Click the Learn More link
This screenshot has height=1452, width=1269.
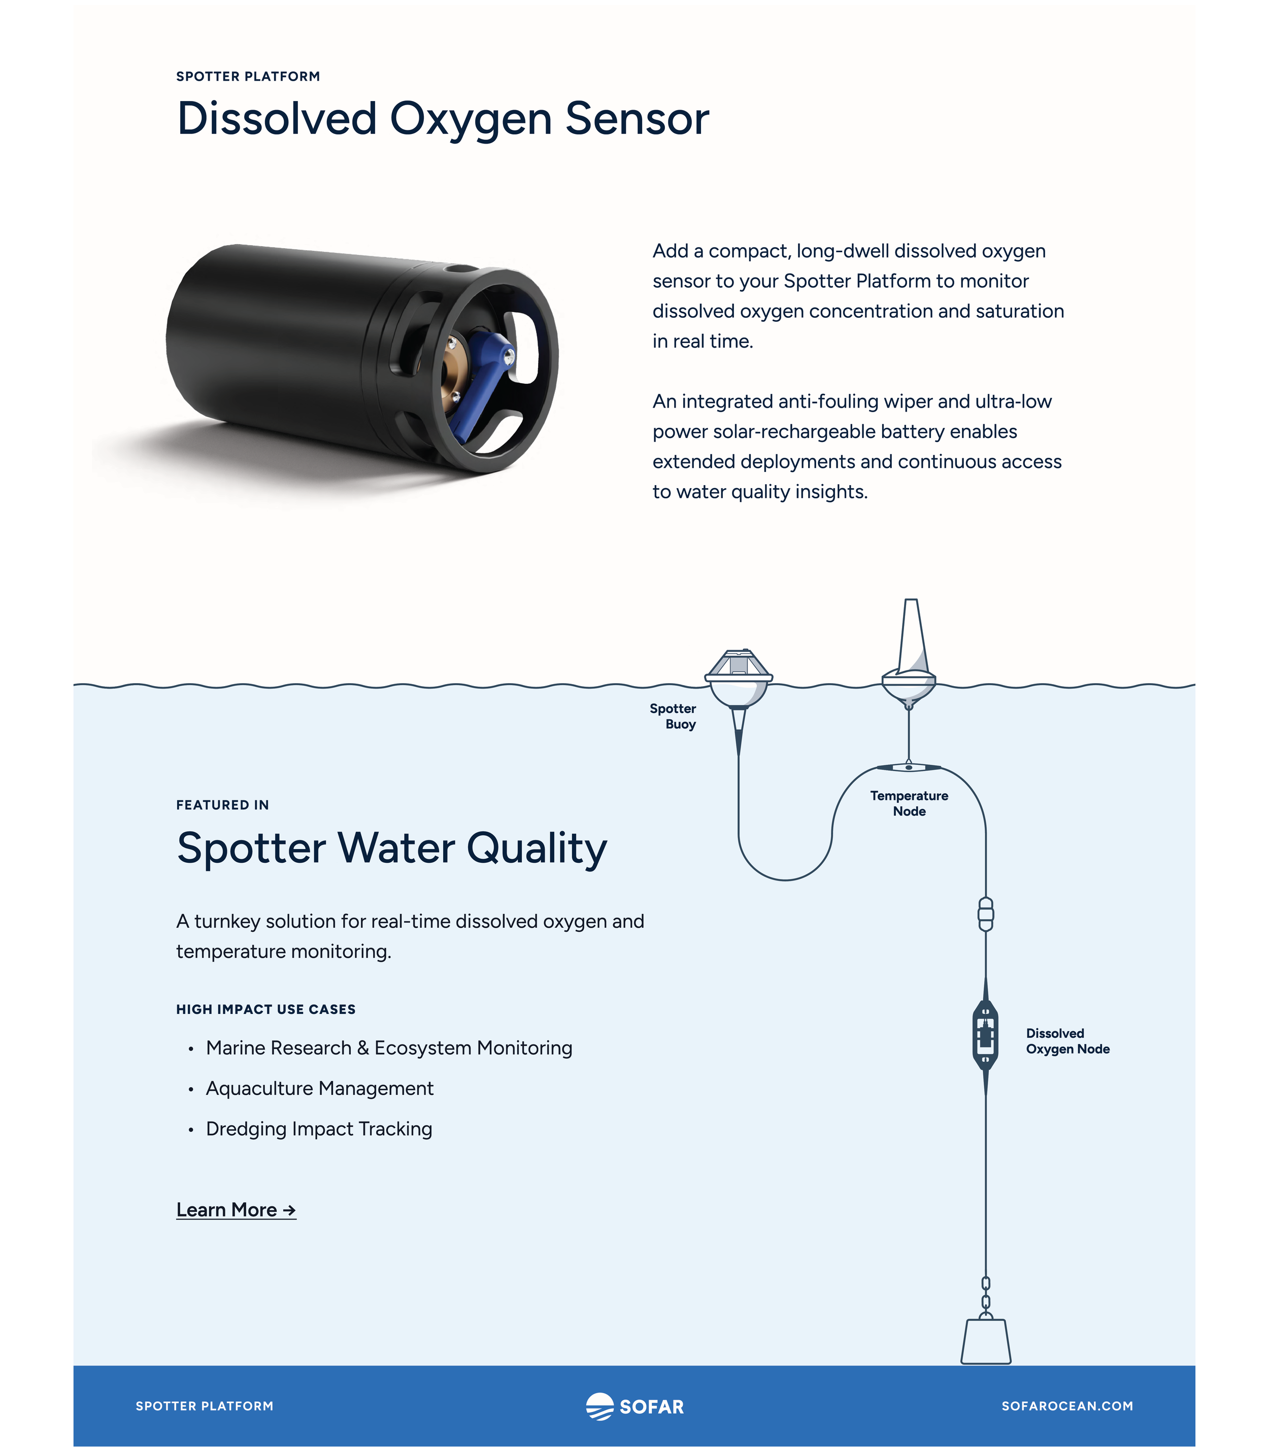click(x=236, y=1210)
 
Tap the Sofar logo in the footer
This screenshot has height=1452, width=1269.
click(x=635, y=1406)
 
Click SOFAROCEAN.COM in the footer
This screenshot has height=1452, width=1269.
click(x=1066, y=1406)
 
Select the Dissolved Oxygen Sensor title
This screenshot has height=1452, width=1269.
click(x=443, y=118)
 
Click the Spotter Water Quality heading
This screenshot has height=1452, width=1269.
click(x=391, y=848)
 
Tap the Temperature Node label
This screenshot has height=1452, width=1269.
click(x=909, y=803)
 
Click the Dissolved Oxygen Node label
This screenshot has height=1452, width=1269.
click(x=1067, y=1041)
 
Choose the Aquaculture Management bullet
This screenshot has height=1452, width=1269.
click(x=319, y=1088)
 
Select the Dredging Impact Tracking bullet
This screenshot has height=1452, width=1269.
click(x=319, y=1129)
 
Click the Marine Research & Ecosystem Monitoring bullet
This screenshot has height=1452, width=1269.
click(x=389, y=1048)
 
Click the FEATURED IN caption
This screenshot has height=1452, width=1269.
click(x=222, y=805)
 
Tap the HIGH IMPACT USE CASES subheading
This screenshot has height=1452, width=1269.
click(x=265, y=1009)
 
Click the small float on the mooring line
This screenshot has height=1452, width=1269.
click(x=985, y=914)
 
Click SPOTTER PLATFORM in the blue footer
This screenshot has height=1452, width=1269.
click(x=204, y=1406)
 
